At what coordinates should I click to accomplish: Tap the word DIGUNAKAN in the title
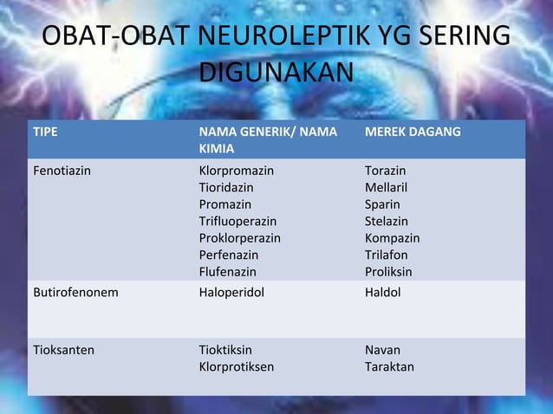tap(276, 73)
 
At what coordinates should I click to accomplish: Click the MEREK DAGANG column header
tap(413, 132)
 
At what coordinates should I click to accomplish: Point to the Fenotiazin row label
tap(61, 171)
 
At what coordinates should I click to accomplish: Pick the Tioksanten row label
tap(63, 350)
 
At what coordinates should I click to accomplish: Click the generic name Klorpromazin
tap(236, 171)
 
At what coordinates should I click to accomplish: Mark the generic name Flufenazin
tap(228, 272)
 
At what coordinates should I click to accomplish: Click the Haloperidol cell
tap(231, 293)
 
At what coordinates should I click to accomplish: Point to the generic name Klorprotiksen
tap(237, 366)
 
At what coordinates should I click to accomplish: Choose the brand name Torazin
tap(385, 171)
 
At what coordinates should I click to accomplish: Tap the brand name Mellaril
tap(386, 187)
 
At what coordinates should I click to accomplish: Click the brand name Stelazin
tap(387, 221)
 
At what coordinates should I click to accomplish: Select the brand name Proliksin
tap(388, 272)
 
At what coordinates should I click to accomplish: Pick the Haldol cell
tap(382, 293)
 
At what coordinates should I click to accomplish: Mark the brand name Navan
tap(382, 350)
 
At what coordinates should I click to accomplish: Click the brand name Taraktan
tap(389, 366)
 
